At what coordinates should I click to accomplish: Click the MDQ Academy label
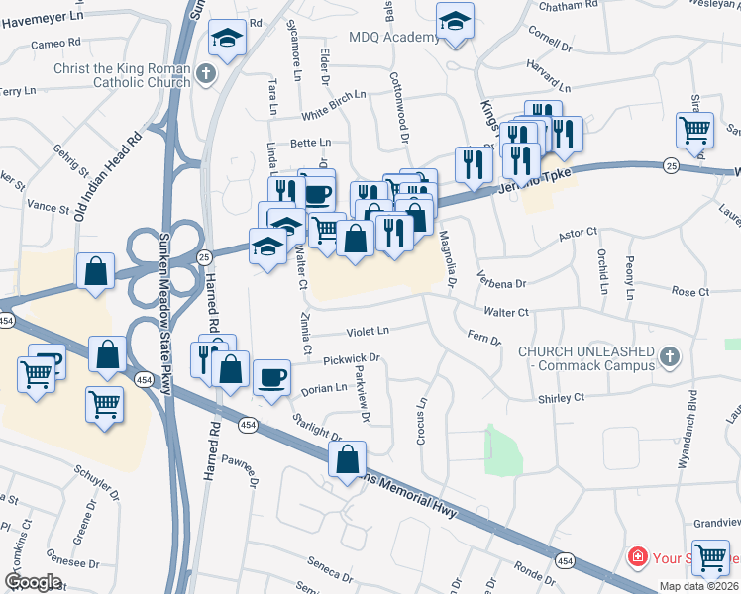[394, 38]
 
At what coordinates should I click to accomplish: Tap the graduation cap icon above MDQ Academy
[455, 22]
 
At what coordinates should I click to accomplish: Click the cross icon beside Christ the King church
[206, 73]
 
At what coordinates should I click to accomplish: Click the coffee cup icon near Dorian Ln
[271, 377]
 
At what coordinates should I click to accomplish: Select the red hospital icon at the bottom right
[636, 557]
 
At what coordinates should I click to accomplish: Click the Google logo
[33, 582]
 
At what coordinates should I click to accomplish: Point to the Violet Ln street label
[369, 331]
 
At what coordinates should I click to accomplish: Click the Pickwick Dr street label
[351, 358]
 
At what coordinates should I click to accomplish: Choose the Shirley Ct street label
[562, 398]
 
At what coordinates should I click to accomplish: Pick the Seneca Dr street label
[331, 573]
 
